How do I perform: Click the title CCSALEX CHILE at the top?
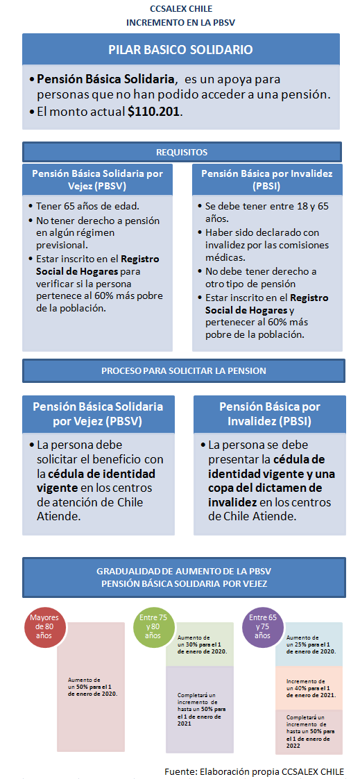(180, 9)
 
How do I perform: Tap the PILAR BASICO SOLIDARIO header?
(180, 50)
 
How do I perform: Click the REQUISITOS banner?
(182, 152)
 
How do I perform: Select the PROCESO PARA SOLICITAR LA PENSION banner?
(182, 371)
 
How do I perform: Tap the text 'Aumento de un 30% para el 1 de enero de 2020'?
(202, 644)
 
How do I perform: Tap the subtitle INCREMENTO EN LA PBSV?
(180, 22)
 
